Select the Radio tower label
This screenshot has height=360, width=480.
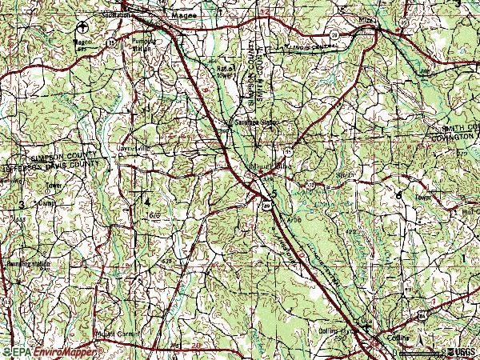click(225, 72)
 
